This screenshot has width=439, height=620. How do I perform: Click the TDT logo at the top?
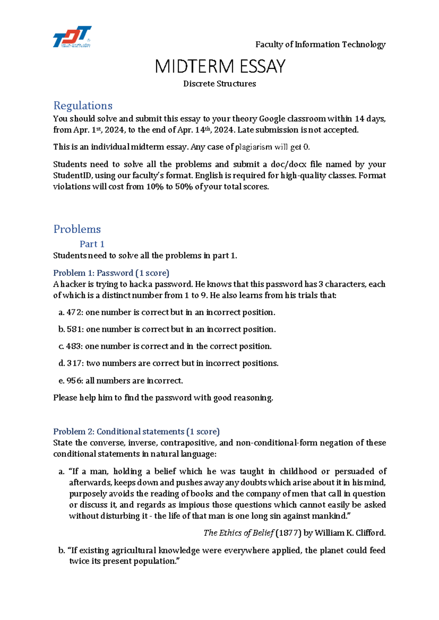[x=72, y=37]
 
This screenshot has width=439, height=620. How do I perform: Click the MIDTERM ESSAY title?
[x=219, y=67]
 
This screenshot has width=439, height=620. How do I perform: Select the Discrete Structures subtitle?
[x=219, y=84]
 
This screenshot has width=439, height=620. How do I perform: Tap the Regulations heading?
[x=83, y=106]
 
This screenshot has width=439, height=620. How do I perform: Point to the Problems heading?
[x=77, y=229]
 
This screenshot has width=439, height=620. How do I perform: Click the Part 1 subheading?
[x=92, y=244]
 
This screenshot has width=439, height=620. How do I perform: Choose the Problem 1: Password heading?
[x=111, y=273]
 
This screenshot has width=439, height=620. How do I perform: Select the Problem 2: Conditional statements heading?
[x=136, y=432]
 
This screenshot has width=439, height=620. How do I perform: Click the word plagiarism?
[x=254, y=147]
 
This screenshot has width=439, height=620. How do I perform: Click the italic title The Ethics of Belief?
[x=238, y=533]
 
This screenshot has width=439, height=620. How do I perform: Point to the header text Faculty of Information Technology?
[x=320, y=45]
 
